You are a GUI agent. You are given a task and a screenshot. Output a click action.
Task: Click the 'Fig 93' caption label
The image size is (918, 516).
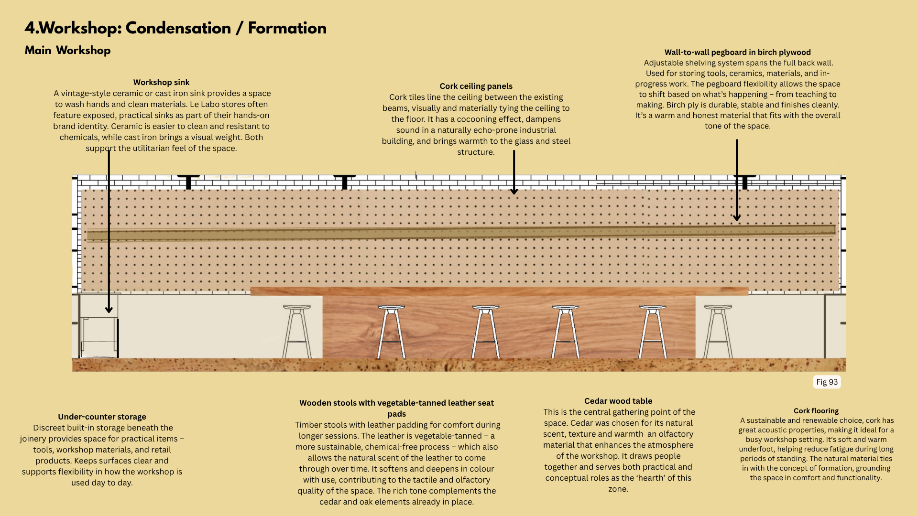click(827, 382)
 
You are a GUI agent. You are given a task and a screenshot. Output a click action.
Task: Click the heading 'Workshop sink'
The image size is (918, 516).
click(161, 82)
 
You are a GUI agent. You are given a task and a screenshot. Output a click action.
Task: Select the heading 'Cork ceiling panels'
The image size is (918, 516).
click(476, 86)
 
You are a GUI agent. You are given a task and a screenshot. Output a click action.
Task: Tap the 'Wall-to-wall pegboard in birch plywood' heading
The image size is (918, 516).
click(737, 52)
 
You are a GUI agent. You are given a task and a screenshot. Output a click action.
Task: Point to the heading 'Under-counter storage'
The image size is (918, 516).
click(102, 417)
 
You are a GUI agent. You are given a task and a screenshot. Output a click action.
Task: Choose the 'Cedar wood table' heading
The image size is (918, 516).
click(618, 401)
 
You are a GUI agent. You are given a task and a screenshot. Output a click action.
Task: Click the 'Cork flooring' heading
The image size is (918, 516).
click(816, 410)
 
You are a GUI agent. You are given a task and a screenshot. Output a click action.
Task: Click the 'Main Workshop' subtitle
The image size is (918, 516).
click(67, 50)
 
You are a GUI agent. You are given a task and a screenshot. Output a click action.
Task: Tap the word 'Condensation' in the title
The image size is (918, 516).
click(178, 28)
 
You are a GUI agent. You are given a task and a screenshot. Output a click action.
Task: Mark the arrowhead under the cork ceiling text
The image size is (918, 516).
click(514, 191)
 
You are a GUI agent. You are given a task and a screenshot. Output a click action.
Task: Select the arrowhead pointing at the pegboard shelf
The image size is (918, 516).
click(737, 217)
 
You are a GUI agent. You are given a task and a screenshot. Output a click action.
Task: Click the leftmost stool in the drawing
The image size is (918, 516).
click(296, 332)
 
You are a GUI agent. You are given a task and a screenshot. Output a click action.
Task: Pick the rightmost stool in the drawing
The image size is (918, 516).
click(718, 332)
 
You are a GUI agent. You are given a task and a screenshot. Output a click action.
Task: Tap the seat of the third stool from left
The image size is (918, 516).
click(486, 307)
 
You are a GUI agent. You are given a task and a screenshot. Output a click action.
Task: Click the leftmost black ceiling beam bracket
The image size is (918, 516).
click(188, 182)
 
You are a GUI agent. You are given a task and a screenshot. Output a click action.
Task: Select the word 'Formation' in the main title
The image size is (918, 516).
click(287, 28)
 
